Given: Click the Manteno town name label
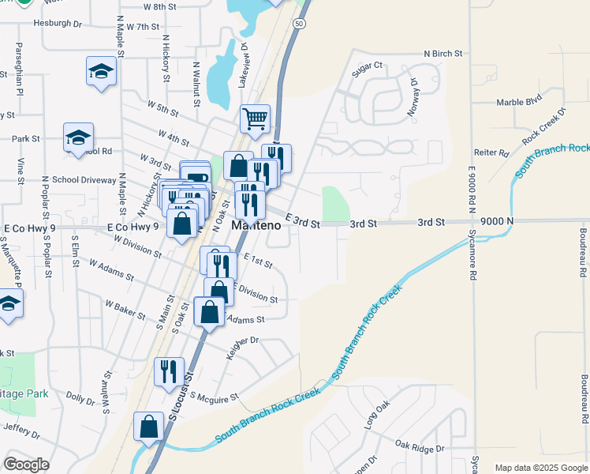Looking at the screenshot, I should click(256, 225).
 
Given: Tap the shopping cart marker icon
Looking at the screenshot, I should click(255, 120).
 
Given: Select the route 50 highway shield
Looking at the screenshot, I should click(298, 24).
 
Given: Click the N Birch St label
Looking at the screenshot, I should click(442, 54).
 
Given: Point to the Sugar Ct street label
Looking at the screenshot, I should click(367, 66).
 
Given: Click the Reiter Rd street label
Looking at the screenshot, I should click(490, 152).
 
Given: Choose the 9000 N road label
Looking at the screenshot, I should click(496, 222).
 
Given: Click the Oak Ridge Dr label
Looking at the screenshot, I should click(420, 448).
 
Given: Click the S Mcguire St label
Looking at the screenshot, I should click(214, 397).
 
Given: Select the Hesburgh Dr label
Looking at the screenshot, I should click(58, 24).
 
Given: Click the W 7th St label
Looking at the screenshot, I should click(142, 27).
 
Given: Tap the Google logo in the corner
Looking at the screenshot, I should click(26, 465).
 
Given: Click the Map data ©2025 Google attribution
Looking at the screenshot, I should click(540, 468).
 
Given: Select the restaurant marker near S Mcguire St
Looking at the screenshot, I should click(169, 371).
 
